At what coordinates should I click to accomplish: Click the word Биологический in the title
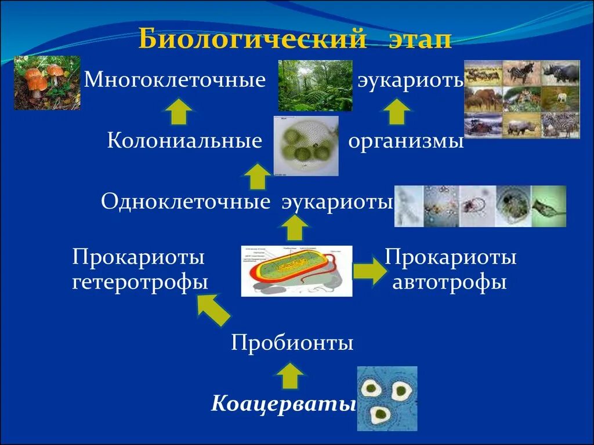tap(252, 41)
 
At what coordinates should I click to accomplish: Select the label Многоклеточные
tap(175, 79)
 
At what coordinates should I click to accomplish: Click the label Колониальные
tap(184, 141)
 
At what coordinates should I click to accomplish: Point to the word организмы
tap(406, 141)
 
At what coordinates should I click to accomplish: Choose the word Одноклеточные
tap(186, 202)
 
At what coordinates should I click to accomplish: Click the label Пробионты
tap(292, 343)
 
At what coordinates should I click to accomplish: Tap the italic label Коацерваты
tap(283, 403)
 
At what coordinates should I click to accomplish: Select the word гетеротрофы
tap(140, 283)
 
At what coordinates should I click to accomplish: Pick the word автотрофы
tap(450, 283)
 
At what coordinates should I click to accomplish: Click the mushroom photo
tap(47, 83)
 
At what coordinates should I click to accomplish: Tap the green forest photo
tap(316, 85)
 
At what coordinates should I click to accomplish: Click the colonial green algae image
tap(306, 146)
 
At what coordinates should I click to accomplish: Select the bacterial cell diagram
tap(296, 271)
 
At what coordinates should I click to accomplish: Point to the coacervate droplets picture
tap(387, 399)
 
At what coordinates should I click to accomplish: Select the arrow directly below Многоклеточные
tap(181, 111)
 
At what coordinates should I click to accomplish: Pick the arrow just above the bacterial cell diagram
tap(295, 229)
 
